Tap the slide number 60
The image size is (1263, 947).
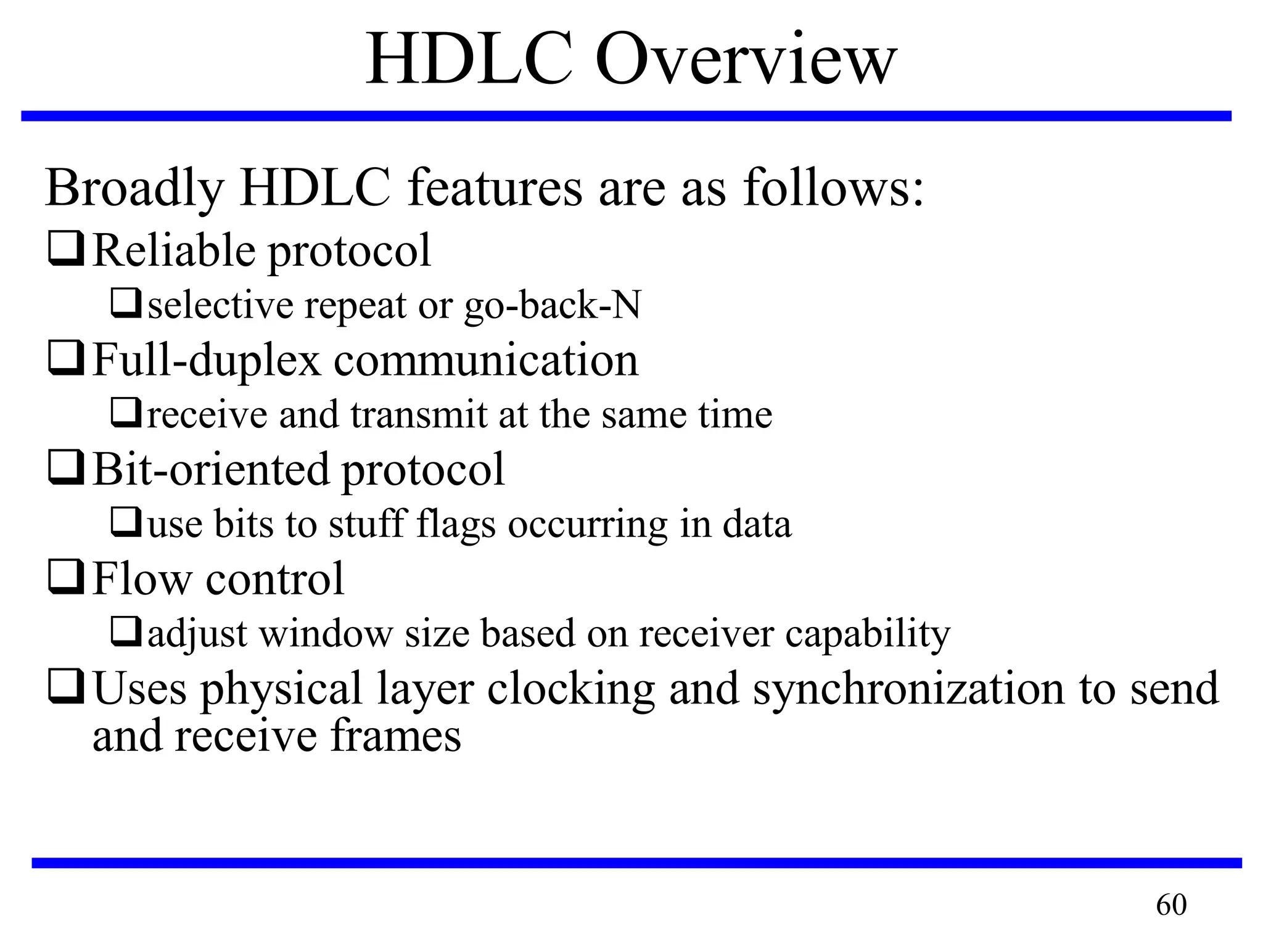[1170, 905]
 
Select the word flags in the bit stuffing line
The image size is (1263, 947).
[456, 525]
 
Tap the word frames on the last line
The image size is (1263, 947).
[395, 736]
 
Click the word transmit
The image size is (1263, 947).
[419, 415]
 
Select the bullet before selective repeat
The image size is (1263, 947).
[126, 303]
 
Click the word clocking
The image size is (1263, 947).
[570, 689]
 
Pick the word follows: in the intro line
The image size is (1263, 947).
[833, 188]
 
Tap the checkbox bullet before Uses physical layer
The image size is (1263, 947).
[66, 687]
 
